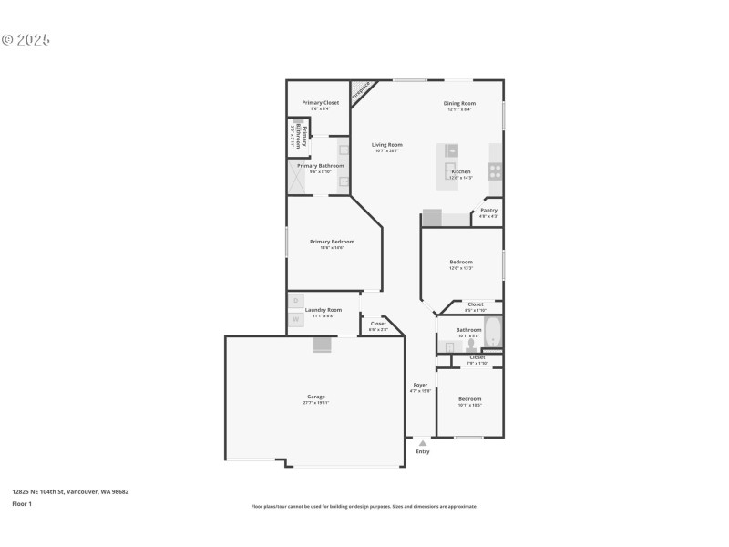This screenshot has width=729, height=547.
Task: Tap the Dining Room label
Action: coord(459,103)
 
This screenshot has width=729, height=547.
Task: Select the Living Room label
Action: coord(386,145)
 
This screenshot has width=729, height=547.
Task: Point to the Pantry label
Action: coord(489,211)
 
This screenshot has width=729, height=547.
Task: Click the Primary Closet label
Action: coord(320,103)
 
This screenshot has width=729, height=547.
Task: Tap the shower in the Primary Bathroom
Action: coord(298,177)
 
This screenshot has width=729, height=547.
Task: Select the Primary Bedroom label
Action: coord(332,242)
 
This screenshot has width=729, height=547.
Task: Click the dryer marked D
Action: coord(295,300)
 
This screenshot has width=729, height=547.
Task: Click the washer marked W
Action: coord(295,319)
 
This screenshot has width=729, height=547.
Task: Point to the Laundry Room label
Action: coord(323,309)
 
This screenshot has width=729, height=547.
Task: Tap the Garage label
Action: coord(316,397)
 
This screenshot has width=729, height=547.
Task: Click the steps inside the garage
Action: coord(323,344)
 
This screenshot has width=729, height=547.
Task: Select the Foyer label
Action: coord(420,385)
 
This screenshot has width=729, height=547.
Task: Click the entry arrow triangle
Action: coord(422,443)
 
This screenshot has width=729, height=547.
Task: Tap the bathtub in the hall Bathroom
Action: coord(493,334)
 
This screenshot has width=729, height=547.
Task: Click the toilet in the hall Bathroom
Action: coord(470,346)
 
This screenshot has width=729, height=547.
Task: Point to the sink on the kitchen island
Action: coord(452,150)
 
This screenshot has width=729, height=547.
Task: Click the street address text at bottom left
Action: coord(70,491)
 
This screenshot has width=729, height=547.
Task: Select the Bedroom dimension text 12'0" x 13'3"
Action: coord(460,268)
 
